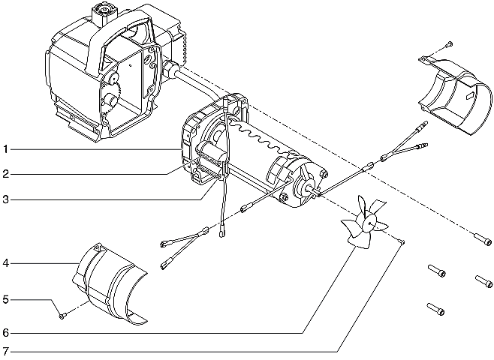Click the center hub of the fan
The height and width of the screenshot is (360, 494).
369,222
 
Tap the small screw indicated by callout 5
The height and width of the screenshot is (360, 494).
62,316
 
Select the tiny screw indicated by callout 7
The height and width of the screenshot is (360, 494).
403,240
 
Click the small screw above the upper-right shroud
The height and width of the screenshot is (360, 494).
449,44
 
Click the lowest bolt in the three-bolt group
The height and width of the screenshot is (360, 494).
435,307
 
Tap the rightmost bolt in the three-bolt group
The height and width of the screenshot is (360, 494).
482,281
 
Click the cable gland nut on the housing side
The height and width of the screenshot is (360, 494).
170,70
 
